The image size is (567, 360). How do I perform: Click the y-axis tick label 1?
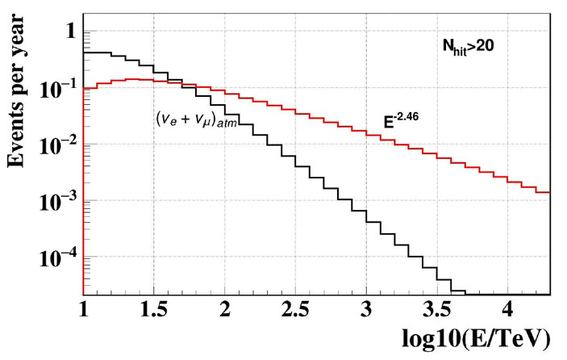pyautogui.click(x=69, y=32)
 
